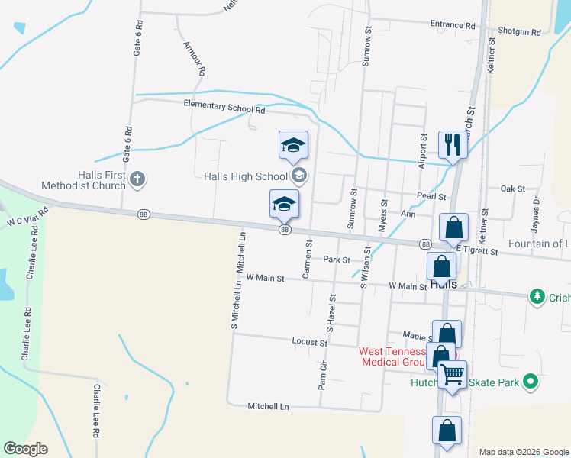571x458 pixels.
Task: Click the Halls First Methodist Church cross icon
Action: (x=137, y=179)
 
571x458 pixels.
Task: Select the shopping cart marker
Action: (x=452, y=375)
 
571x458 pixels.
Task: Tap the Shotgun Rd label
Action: (x=519, y=33)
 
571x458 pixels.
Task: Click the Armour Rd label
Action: (x=195, y=59)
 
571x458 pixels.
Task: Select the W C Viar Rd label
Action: (x=27, y=216)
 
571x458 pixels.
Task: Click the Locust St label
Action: (x=309, y=342)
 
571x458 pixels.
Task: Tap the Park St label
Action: (x=336, y=260)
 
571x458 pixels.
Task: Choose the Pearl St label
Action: (x=431, y=197)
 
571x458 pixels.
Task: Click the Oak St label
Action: (x=512, y=189)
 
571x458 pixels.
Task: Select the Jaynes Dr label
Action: (x=536, y=214)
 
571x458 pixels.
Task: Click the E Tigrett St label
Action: (x=477, y=251)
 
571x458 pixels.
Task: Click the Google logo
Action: (x=25, y=449)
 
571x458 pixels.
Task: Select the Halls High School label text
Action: (x=245, y=176)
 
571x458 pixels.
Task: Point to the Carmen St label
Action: (x=308, y=260)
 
